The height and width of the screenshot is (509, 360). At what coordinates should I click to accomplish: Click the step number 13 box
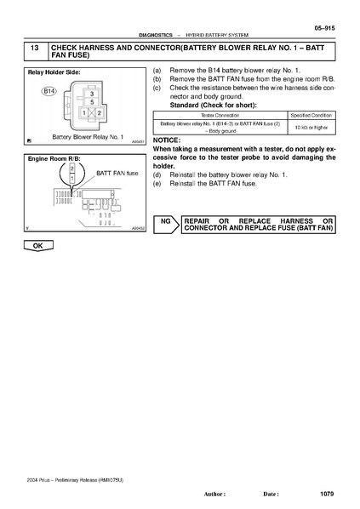pos(37,51)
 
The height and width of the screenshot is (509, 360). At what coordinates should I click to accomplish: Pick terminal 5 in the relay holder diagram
pos(92,102)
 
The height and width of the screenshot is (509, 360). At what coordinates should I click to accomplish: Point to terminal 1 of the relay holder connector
pos(85,112)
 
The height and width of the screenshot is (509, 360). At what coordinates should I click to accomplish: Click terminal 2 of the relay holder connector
pos(99,112)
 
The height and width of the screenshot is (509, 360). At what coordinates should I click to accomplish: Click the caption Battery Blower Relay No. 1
pos(89,136)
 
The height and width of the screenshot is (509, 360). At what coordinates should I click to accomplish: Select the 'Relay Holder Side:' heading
pos(54,73)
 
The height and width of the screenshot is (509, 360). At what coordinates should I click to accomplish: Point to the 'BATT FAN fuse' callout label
pos(117,172)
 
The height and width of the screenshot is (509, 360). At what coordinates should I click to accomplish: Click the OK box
pos(37,245)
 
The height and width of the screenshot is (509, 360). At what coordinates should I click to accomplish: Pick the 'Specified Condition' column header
pos(312,113)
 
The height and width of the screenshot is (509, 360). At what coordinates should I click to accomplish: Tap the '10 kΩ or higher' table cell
pos(312,127)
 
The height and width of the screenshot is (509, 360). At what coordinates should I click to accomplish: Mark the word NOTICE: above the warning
pos(165,140)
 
